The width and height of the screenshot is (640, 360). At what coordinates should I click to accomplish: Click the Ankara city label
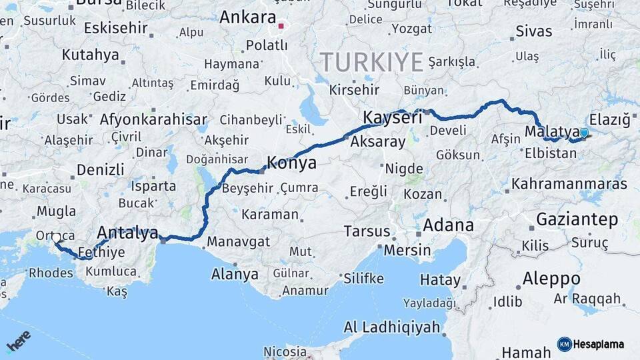(x=247, y=17)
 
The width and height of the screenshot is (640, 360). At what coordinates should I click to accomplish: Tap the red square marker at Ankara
(x=281, y=27)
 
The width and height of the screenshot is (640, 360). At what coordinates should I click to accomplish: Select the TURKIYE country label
(x=372, y=63)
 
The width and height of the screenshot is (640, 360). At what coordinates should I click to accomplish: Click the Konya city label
(x=291, y=163)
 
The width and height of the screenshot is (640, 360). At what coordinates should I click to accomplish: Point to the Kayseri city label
(x=393, y=118)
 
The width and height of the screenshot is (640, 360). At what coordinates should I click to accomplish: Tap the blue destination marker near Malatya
(x=584, y=133)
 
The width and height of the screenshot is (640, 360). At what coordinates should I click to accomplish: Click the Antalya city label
(x=127, y=233)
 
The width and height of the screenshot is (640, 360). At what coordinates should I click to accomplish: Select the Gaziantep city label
(x=577, y=219)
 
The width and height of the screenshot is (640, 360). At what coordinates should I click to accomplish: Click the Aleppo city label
(x=551, y=278)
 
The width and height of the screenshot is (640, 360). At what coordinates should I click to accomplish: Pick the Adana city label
(x=448, y=225)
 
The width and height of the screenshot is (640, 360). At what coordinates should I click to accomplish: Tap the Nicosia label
(x=285, y=351)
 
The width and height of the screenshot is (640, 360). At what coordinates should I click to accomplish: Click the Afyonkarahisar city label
(x=153, y=120)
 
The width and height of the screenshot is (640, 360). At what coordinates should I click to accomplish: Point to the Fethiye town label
(x=101, y=253)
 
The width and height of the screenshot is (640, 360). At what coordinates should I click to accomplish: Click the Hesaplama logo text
(x=597, y=344)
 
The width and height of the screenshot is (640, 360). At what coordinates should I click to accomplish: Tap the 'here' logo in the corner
(x=19, y=341)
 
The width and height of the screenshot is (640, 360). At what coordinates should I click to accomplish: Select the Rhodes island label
(x=51, y=273)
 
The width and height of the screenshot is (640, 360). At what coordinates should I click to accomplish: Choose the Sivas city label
(x=534, y=31)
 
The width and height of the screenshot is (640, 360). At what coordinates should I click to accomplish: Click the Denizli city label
(x=100, y=169)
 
